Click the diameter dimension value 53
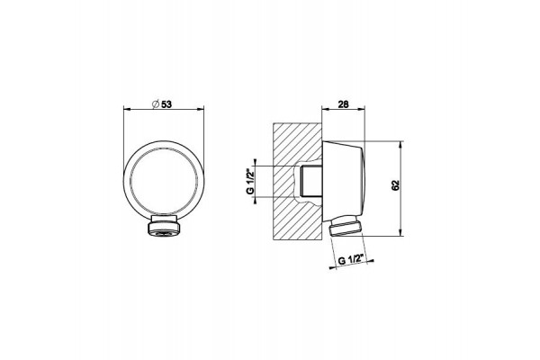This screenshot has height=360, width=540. point(166,103)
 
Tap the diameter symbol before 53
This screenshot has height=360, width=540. point(156,103)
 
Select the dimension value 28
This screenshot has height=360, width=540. point(343,103)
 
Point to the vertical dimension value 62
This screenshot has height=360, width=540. point(395,185)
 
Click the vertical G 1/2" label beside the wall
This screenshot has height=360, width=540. point(251,181)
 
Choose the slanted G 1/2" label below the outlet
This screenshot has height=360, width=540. point(351,259)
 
